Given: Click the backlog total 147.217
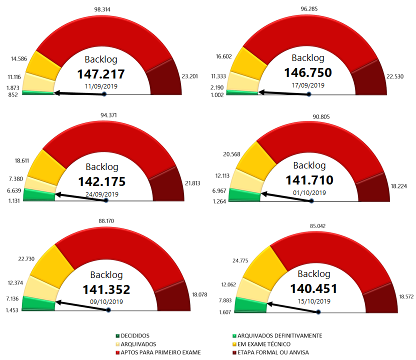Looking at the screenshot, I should pyautogui.click(x=100, y=74).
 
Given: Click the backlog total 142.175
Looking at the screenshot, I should pyautogui.click(x=105, y=181).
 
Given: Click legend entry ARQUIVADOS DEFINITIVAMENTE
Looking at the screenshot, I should pyautogui.click(x=279, y=335).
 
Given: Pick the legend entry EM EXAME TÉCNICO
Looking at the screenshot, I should pyautogui.click(x=264, y=344).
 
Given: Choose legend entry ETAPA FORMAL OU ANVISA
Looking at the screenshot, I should pyautogui.click(x=273, y=352).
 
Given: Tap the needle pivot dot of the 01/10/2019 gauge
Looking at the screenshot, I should pyautogui.click(x=311, y=201).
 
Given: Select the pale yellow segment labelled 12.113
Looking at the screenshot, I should pyautogui.click(x=247, y=179).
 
